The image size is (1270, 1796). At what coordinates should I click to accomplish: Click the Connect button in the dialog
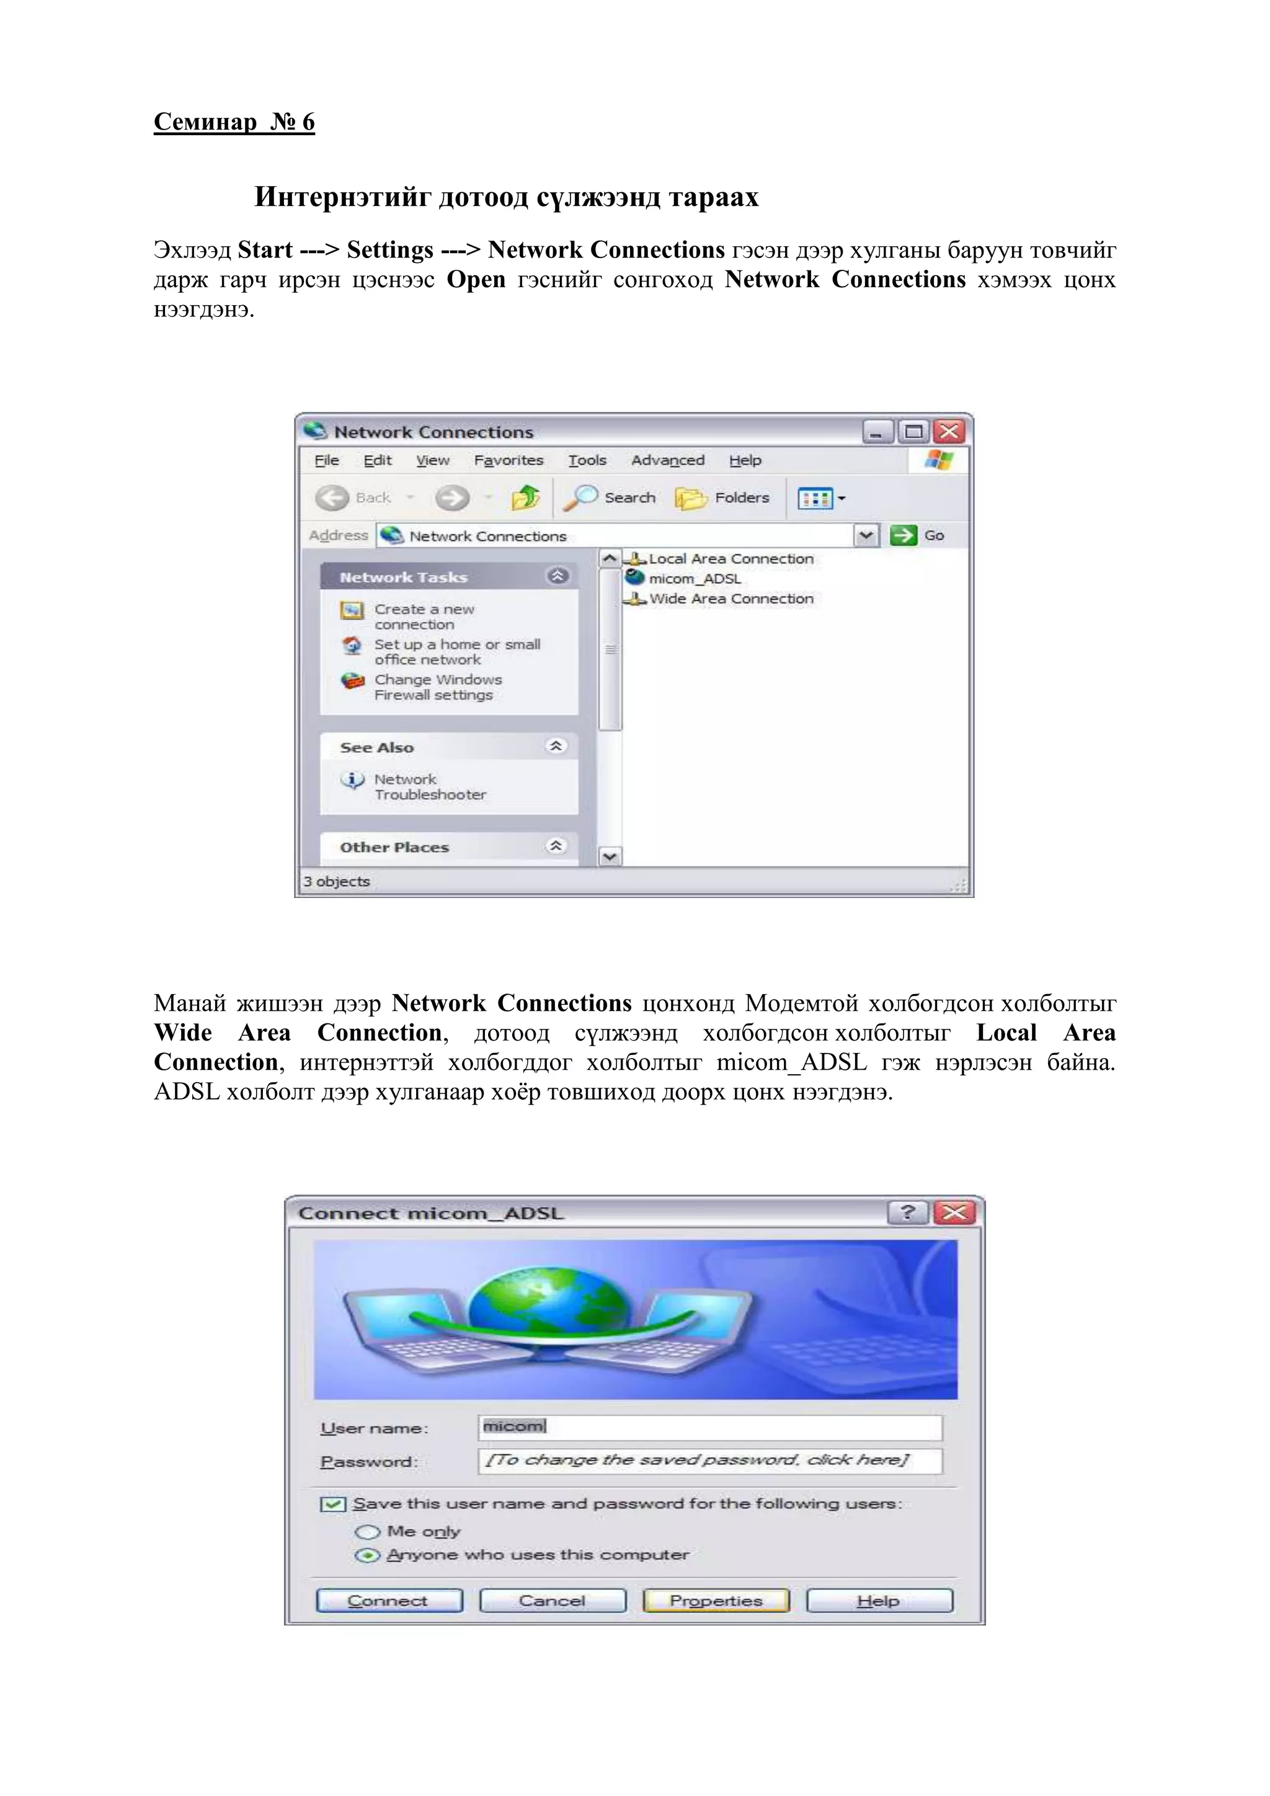pyautogui.click(x=389, y=1601)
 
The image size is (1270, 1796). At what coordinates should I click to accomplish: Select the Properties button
pyautogui.click(x=716, y=1601)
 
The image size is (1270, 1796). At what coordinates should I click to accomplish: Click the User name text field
pyautogui.click(x=709, y=1427)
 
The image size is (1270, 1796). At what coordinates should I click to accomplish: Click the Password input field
pyautogui.click(x=709, y=1460)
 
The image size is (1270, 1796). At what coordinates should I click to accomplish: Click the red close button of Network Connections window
pyautogui.click(x=949, y=432)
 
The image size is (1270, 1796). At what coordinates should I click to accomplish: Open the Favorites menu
pyautogui.click(x=508, y=461)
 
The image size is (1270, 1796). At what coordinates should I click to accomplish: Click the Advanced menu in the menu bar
pyautogui.click(x=667, y=461)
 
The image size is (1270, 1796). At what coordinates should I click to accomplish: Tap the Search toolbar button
pyautogui.click(x=614, y=497)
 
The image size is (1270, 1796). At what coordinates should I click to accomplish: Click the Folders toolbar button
pyautogui.click(x=724, y=497)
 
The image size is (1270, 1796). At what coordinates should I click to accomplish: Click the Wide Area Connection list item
pyautogui.click(x=730, y=599)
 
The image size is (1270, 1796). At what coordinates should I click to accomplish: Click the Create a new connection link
pyautogui.click(x=424, y=616)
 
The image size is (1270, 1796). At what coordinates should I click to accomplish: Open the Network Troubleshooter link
pyautogui.click(x=429, y=787)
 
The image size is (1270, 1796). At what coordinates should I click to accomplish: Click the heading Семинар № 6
pyautogui.click(x=234, y=122)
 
